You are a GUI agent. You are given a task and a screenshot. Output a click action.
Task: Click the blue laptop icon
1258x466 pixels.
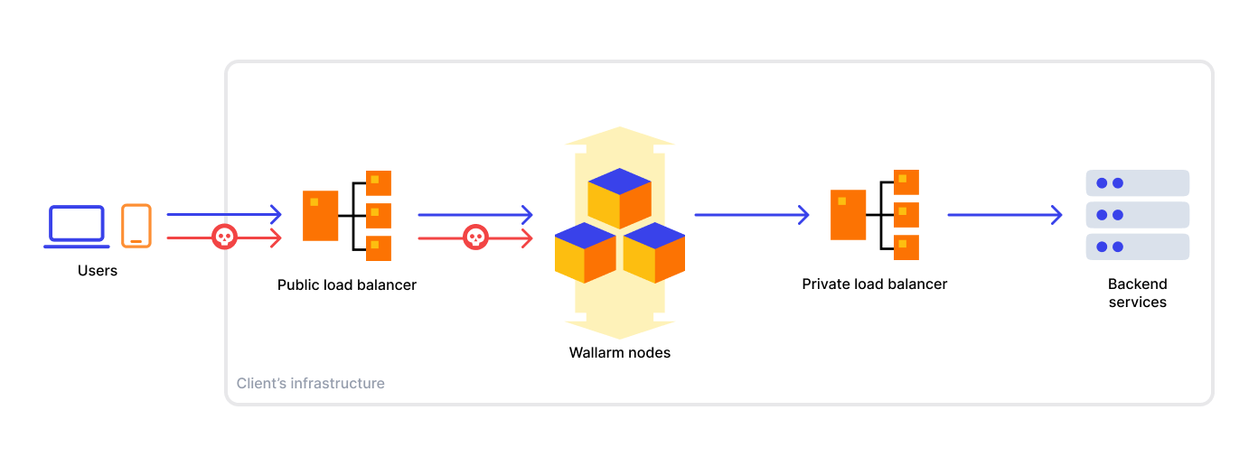[77, 225]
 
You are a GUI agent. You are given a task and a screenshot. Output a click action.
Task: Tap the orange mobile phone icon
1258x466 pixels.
[136, 225]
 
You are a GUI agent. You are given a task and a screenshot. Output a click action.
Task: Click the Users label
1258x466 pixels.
[98, 270]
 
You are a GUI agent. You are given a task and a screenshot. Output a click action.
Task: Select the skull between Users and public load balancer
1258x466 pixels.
[223, 237]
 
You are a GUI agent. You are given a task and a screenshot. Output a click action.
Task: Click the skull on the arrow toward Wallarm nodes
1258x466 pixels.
[475, 238]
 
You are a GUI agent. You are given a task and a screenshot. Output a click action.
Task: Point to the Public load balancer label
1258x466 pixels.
[347, 284]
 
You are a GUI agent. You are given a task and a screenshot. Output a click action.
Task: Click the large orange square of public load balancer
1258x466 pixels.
[320, 215]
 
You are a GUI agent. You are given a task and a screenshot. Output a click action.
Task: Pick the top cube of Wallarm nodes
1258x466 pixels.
[619, 198]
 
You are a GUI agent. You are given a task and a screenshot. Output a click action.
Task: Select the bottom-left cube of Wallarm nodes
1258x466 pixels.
[585, 253]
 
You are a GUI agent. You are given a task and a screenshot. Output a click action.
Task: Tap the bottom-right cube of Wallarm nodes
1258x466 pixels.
[654, 253]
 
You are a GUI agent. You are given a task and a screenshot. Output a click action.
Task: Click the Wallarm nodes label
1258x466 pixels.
[620, 353]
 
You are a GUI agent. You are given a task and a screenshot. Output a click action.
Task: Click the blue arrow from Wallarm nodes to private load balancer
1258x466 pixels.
[751, 215]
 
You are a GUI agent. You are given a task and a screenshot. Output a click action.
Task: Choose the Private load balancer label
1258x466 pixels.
[875, 284]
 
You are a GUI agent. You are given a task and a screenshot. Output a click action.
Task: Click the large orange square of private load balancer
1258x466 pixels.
[848, 214]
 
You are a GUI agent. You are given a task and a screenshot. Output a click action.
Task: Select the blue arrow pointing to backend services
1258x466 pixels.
[1004, 215]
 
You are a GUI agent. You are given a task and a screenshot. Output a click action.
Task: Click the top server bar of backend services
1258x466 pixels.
[1137, 183]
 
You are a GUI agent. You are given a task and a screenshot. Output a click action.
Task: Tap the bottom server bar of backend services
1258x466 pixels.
[1137, 247]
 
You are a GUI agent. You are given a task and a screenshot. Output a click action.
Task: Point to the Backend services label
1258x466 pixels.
[1137, 294]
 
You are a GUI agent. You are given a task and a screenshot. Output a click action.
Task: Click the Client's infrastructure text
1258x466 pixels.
[311, 383]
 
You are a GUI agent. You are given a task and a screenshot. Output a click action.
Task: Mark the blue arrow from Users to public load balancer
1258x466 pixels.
[224, 215]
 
